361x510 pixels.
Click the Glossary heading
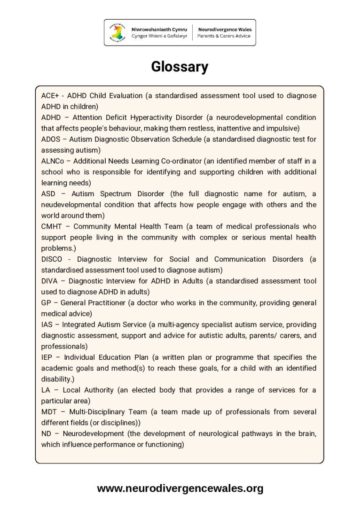point(180,67)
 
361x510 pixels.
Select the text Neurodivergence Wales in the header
point(224,29)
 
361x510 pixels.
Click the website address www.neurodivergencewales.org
point(180,488)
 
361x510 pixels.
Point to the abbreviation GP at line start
point(46,303)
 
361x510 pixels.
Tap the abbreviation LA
point(46,390)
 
